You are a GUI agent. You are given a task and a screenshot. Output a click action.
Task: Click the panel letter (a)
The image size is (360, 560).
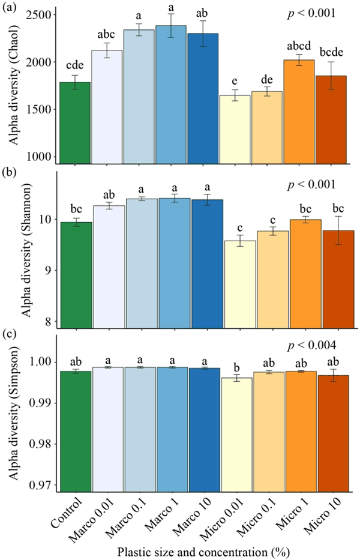tap(11, 7)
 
